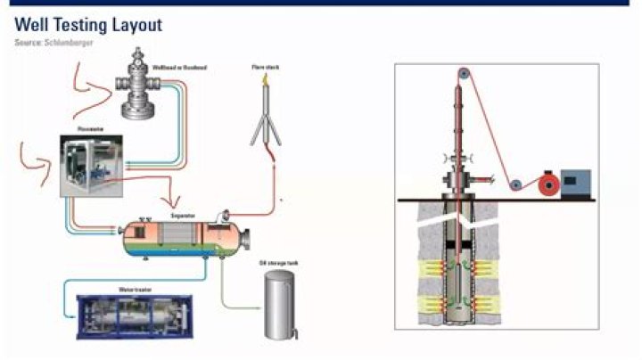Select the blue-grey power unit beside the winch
click(574, 181)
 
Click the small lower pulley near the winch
click(514, 184)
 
